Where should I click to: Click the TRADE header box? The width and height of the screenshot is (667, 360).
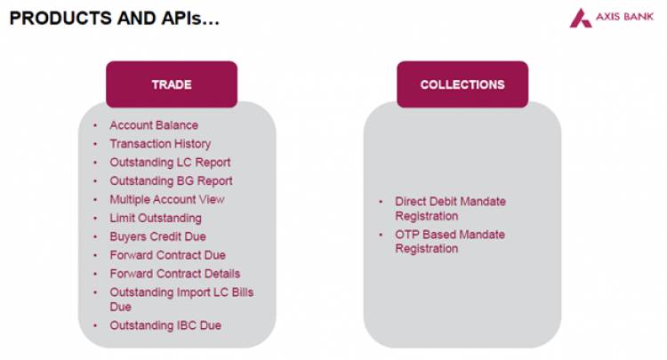coord(171,84)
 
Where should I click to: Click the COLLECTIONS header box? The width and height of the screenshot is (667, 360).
coord(462,84)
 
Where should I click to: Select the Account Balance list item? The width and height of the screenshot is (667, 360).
coord(154,125)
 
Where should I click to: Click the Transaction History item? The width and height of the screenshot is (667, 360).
coord(160,144)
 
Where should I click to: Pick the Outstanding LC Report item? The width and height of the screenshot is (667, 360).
coord(170,163)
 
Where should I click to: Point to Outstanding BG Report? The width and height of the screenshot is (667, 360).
coord(171,181)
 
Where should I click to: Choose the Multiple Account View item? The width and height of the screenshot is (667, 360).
coord(167,199)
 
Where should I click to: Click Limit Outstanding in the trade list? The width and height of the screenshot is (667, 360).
coord(156,218)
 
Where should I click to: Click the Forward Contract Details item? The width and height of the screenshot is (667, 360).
coord(174,274)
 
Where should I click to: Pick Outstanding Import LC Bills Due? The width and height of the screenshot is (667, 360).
coord(181,299)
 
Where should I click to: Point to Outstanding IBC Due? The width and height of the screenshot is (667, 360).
coord(165,325)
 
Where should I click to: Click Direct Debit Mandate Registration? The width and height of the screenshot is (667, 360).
coord(450,209)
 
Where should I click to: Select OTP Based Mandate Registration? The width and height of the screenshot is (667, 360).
coord(449,242)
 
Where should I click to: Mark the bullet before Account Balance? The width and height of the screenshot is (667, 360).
coord(95,126)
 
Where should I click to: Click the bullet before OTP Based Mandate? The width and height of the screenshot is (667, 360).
coord(381,235)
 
